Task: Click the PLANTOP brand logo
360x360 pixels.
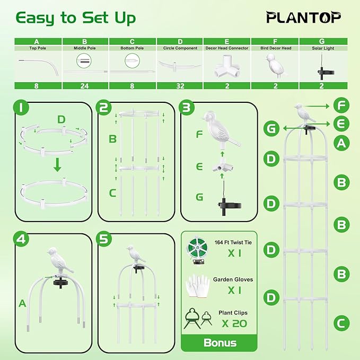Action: point(303,17)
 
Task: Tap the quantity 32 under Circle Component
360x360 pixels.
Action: point(180,86)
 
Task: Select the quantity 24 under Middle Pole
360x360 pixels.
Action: point(84,86)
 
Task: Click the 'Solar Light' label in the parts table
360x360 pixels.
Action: point(323,48)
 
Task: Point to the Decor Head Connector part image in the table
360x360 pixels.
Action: point(226,67)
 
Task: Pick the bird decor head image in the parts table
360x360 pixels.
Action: point(276,65)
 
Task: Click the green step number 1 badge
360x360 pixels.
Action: point(21,107)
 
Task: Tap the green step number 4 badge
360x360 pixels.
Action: point(21,239)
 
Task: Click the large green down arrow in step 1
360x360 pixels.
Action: point(57,164)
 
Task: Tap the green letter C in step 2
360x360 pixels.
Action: point(112,193)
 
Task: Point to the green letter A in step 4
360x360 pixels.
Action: point(22,303)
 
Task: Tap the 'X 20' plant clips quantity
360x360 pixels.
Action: point(234,323)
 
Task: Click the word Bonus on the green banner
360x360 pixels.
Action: point(220,343)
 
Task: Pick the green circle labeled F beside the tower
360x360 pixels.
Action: point(341,105)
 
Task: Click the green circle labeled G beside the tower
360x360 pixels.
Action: point(271,128)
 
